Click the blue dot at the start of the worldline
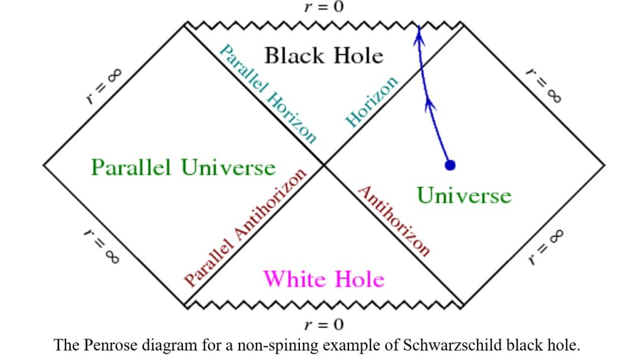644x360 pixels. point(450,165)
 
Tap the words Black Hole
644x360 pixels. point(323,55)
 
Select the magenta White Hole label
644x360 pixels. point(323,278)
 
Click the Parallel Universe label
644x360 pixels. point(183,168)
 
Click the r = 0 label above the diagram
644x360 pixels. point(323,8)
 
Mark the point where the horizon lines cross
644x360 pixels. point(324,165)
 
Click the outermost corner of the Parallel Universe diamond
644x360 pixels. point(43,165)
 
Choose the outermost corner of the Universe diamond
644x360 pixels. point(604,165)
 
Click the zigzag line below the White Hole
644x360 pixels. point(323,305)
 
